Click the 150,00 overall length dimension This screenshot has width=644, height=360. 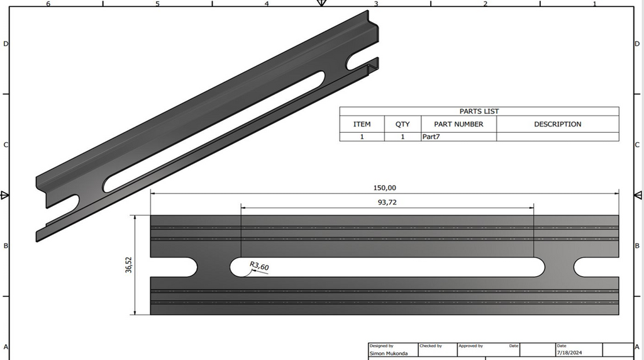pyautogui.click(x=385, y=188)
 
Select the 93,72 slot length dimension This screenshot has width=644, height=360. pyautogui.click(x=387, y=202)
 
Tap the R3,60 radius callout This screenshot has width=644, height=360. pyautogui.click(x=259, y=267)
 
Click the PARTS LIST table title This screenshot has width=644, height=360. pyautogui.click(x=479, y=111)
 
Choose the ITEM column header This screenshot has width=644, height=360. pyautogui.click(x=362, y=124)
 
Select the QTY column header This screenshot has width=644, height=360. pyautogui.click(x=402, y=124)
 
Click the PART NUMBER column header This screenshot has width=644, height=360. pyautogui.click(x=458, y=124)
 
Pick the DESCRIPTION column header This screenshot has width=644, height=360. pyautogui.click(x=557, y=124)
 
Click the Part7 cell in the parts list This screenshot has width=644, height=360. pyautogui.click(x=431, y=136)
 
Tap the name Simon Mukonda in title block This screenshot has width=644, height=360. pyautogui.click(x=388, y=354)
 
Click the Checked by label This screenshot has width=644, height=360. pyautogui.click(x=431, y=346)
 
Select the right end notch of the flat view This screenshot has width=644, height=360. pyautogui.click(x=594, y=267)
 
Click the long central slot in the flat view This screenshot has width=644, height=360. pyautogui.click(x=387, y=267)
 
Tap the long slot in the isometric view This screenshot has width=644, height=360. pyautogui.click(x=214, y=132)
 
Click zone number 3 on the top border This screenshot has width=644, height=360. pyautogui.click(x=375, y=4)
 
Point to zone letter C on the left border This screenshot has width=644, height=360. pyautogui.click(x=6, y=145)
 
